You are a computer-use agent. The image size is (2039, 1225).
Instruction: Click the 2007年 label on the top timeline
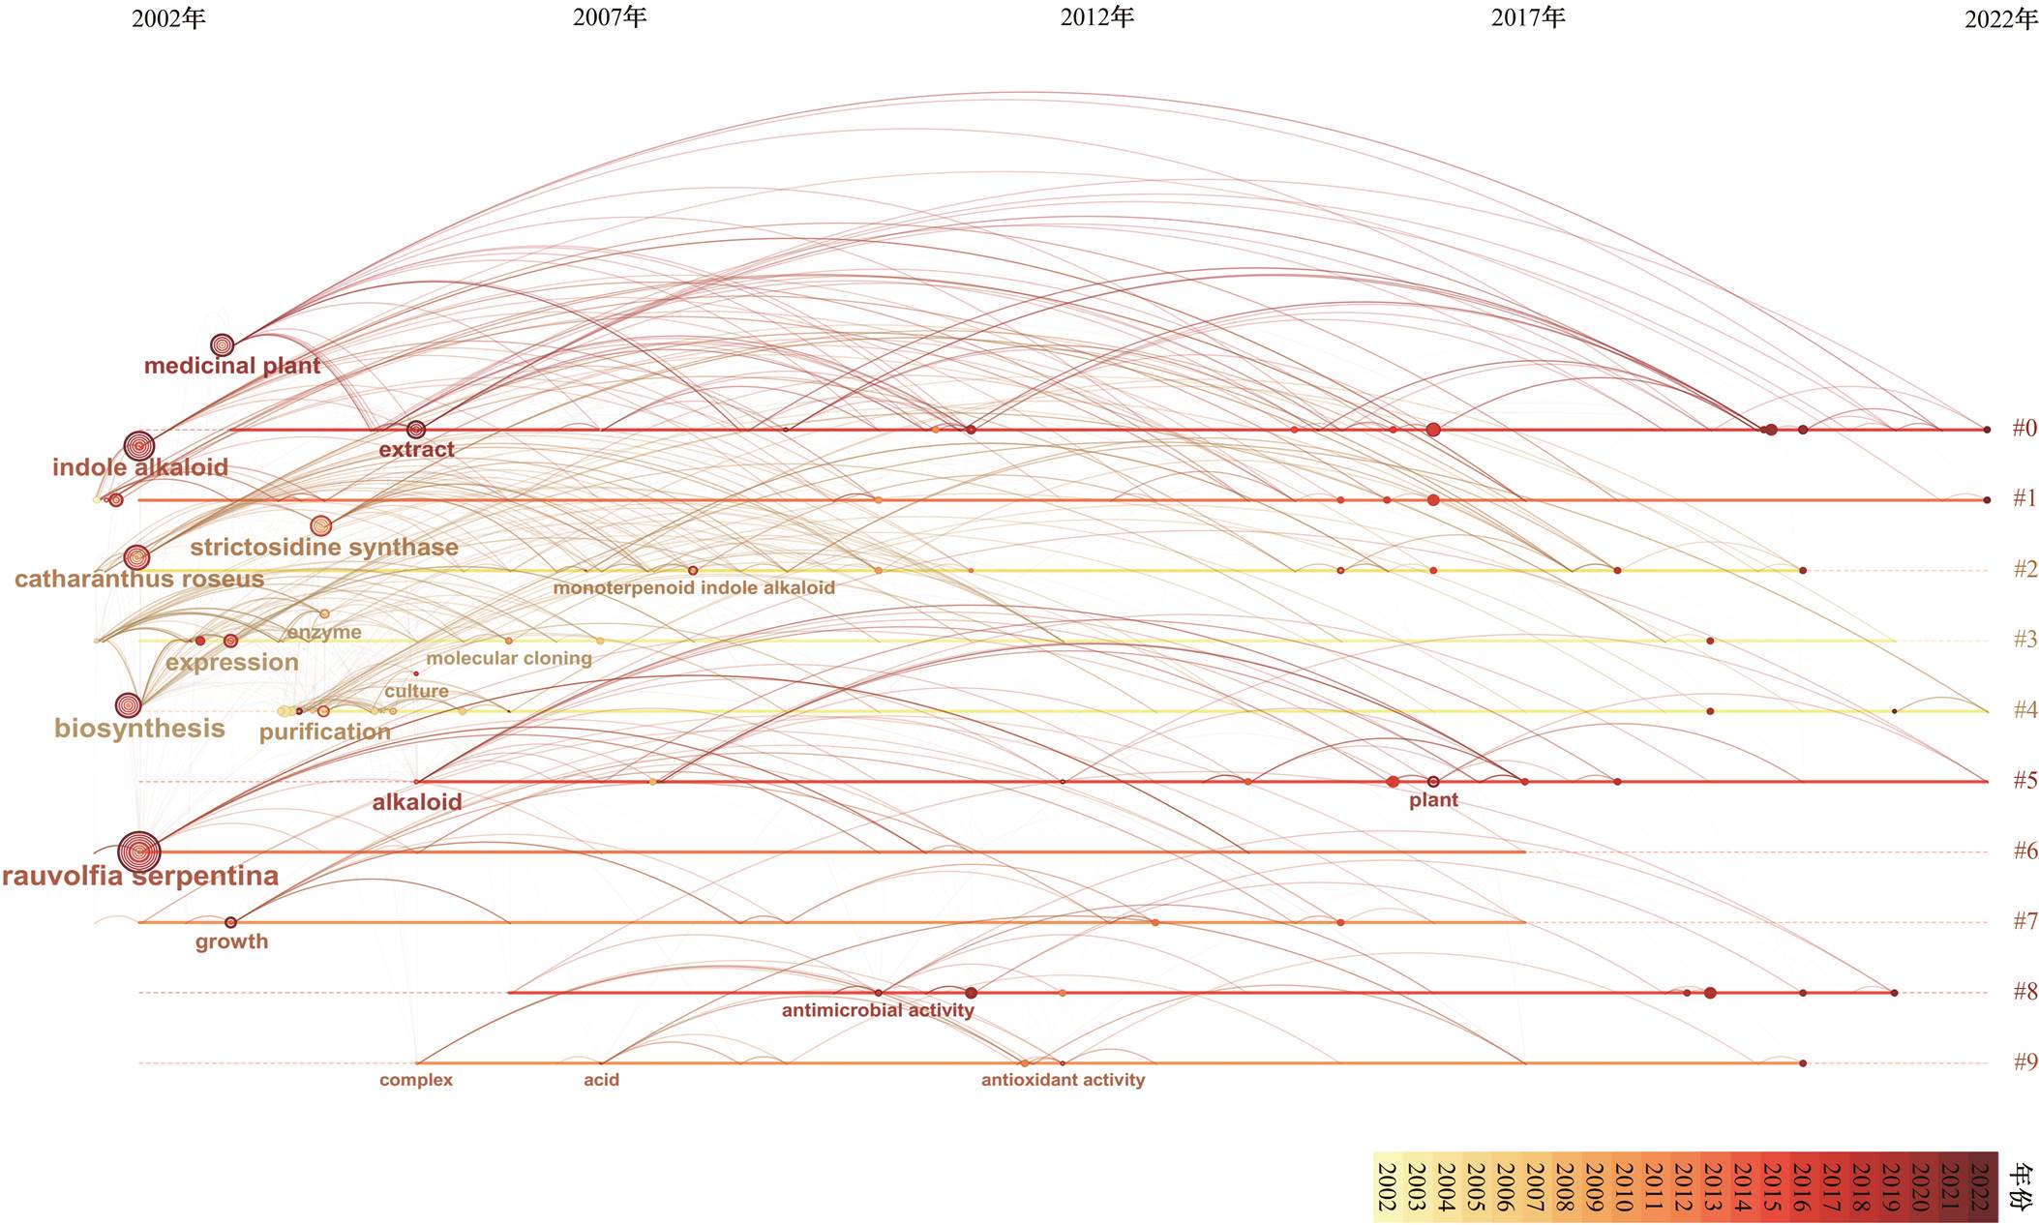pyautogui.click(x=610, y=17)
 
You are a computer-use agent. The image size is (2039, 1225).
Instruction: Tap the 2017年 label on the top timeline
pyautogui.click(x=1528, y=17)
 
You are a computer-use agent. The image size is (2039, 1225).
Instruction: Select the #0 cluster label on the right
pyautogui.click(x=2024, y=428)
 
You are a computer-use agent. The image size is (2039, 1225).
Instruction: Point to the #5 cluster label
pyautogui.click(x=2024, y=780)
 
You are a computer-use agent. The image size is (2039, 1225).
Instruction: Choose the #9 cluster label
pyautogui.click(x=2024, y=1061)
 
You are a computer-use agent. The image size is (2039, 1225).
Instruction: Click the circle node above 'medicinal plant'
pyautogui.click(x=223, y=344)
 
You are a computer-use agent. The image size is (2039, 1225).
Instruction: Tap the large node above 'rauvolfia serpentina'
pyautogui.click(x=139, y=852)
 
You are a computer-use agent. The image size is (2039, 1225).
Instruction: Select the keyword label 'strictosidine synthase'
pyautogui.click(x=324, y=548)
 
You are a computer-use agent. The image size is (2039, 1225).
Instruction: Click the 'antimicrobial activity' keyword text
pyautogui.click(x=878, y=1010)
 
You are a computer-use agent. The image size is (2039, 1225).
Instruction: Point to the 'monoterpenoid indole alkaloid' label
pyautogui.click(x=694, y=587)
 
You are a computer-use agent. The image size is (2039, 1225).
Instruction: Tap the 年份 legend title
pyautogui.click(x=2021, y=1186)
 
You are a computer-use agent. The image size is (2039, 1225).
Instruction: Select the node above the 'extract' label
pyautogui.click(x=416, y=430)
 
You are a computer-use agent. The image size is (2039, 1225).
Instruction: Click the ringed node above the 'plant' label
pyautogui.click(x=1433, y=781)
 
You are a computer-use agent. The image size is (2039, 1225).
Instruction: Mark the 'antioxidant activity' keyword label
pyautogui.click(x=1063, y=1080)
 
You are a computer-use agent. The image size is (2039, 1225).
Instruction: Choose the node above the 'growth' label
pyautogui.click(x=230, y=922)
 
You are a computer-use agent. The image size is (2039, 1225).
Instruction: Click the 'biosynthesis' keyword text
pyautogui.click(x=139, y=729)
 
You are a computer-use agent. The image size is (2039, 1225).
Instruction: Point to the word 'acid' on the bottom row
pyautogui.click(x=601, y=1080)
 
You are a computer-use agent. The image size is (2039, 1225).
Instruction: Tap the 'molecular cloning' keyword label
pyautogui.click(x=509, y=658)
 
